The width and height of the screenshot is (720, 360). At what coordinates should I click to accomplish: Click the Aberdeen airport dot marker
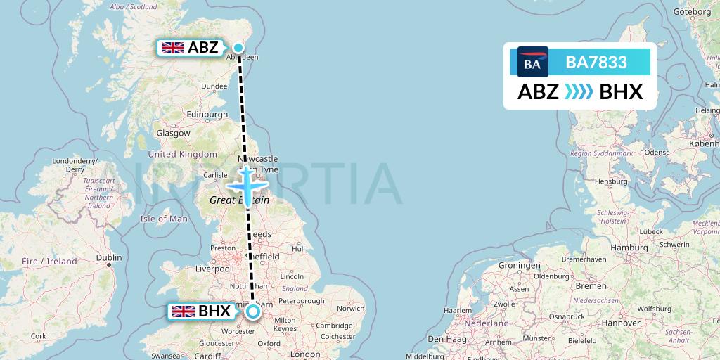238,49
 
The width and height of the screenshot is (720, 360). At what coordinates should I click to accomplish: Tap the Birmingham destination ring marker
253,311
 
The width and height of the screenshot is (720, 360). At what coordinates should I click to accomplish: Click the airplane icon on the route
248,185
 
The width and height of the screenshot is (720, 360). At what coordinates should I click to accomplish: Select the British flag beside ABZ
172,48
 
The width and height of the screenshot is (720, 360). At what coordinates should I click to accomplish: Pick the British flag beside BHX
184,311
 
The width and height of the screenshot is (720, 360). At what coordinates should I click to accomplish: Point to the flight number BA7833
596,63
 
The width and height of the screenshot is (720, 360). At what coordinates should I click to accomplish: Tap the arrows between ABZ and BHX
579,92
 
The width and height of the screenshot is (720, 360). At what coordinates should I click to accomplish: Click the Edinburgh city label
207,115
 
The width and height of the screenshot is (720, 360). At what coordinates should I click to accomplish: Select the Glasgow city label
173,133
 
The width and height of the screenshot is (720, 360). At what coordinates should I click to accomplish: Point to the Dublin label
109,257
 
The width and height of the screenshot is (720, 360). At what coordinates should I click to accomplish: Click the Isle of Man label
164,219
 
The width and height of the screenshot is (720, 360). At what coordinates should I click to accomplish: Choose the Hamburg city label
629,247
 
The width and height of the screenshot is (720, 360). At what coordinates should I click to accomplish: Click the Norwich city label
350,308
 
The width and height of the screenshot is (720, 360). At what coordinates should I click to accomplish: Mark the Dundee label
214,86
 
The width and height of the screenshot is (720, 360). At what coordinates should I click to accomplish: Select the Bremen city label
591,286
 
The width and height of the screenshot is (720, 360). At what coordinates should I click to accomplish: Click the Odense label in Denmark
657,152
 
